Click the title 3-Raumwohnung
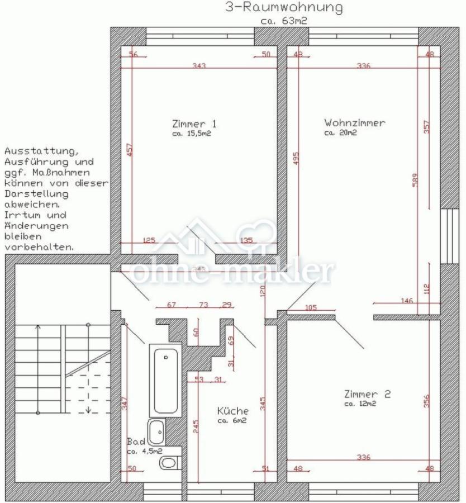pos(283,8)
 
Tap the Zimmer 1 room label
pos(194,124)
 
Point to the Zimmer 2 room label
pos(368,393)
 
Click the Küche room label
pos(233,411)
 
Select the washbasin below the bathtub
pos(158,431)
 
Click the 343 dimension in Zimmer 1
pos(199,66)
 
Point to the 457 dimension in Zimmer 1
pos(129,153)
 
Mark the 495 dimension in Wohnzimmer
pos(296,160)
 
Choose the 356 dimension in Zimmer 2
pos(427,401)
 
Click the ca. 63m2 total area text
pos(284,21)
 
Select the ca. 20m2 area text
pos(340,133)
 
